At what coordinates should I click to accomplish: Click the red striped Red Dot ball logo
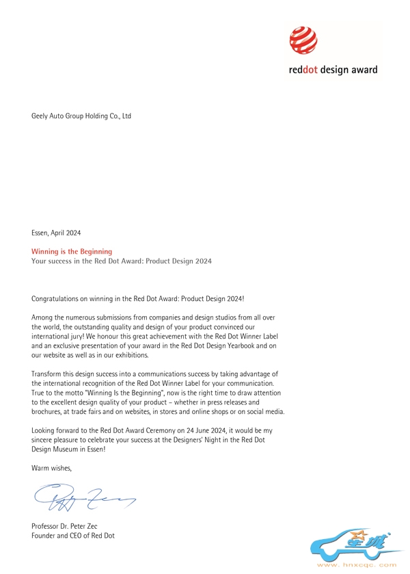[x=304, y=40]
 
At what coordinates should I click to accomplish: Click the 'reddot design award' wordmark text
[x=331, y=69]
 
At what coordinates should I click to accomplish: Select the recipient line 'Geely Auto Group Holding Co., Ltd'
[x=81, y=116]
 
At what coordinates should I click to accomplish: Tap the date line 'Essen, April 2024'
[x=56, y=233]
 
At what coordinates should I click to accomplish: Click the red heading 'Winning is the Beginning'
[x=72, y=252]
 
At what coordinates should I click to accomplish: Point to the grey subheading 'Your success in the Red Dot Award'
[x=122, y=261]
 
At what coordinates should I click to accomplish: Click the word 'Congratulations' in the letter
[x=55, y=299]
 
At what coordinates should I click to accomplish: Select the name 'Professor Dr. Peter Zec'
[x=68, y=526]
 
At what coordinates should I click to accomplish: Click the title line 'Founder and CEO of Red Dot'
[x=73, y=535]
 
